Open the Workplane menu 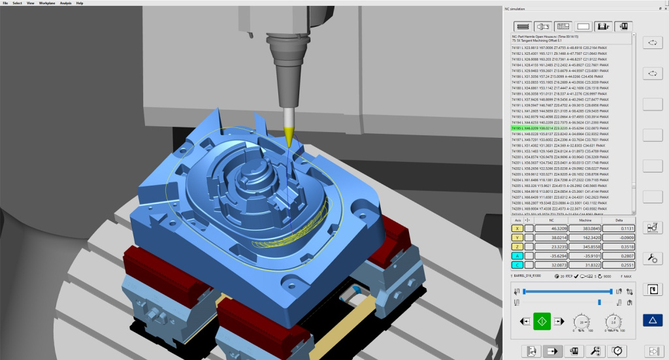47,3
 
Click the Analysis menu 66,3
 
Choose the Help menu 80,3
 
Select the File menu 5,3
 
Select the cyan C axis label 516,265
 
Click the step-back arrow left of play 524,321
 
